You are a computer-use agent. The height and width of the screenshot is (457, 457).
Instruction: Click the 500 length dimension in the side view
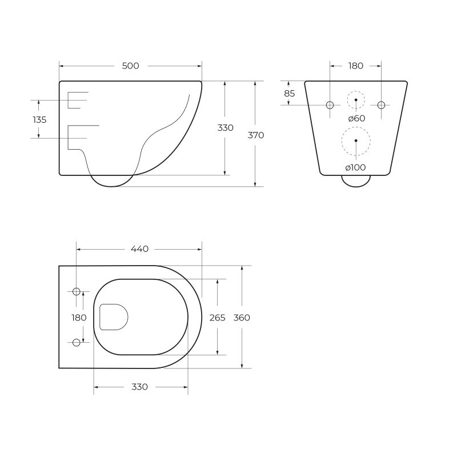pos(131,66)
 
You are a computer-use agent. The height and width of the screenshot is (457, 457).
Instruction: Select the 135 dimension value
pos(39,120)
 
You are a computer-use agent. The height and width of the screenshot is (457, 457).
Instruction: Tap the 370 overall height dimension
pos(256,135)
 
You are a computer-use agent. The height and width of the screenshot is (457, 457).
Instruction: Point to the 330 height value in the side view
pos(225,128)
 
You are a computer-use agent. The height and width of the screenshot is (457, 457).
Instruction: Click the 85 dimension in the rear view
pos(289,93)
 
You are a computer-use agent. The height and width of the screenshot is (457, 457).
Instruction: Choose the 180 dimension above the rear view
pos(355,66)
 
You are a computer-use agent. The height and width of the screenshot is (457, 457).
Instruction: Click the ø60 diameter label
pos(356,118)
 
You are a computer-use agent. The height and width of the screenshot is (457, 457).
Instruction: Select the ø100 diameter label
pos(355,167)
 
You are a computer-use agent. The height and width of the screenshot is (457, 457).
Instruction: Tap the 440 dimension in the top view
pos(139,249)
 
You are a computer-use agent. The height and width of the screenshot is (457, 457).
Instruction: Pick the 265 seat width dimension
pos(217,318)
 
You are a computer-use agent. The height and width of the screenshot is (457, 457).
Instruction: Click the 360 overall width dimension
pos(242,318)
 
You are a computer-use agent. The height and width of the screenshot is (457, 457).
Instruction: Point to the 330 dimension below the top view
pos(139,387)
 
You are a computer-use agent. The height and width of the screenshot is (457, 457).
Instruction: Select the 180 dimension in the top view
pos(79,318)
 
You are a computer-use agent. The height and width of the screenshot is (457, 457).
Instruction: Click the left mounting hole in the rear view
pos(330,105)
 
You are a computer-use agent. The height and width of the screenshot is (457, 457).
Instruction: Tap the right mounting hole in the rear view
pos(382,105)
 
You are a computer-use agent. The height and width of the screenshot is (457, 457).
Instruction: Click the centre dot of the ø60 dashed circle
pos(356,100)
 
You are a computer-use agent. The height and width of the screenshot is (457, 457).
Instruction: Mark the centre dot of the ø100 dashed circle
pos(356,140)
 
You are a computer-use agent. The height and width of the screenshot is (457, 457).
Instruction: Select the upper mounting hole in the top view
pos(77,292)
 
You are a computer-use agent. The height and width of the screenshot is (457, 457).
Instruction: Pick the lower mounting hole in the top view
pos(77,342)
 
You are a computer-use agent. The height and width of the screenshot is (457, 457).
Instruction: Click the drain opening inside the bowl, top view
pos(113,317)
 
